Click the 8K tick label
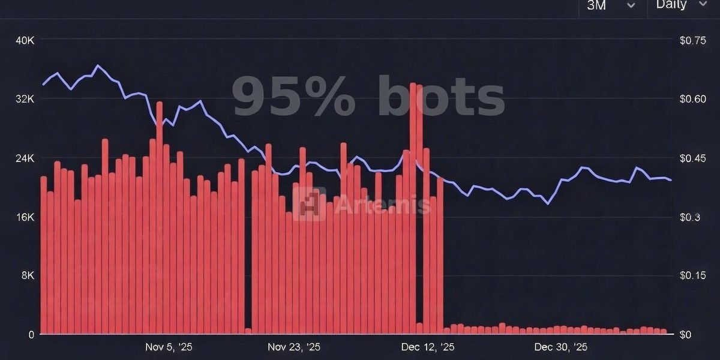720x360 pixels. tap(27, 275)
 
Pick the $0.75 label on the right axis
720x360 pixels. tap(692, 40)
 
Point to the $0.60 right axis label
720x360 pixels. tap(692, 99)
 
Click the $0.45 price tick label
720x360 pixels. tap(692, 158)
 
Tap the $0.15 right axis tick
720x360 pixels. tap(692, 275)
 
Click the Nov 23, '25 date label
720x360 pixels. tap(294, 347)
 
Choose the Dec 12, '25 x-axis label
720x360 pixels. tap(428, 347)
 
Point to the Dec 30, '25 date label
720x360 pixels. tap(560, 347)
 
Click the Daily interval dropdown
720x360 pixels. tap(682, 5)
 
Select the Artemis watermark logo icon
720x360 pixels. tap(310, 204)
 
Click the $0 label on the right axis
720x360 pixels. tap(685, 334)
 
